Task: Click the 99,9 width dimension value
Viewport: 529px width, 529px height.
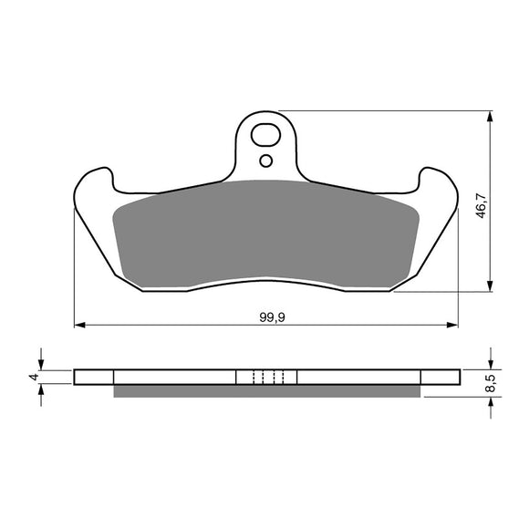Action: coord(266,316)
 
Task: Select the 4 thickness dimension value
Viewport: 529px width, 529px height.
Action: coord(32,377)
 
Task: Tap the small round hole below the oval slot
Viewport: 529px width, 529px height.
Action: coord(265,161)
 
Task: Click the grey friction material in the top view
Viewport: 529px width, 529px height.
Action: coord(264,233)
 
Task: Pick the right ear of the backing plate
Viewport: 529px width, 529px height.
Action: coord(439,196)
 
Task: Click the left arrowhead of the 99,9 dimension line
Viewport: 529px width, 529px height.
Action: coord(79,324)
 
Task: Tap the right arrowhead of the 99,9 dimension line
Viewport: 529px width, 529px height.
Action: coord(452,324)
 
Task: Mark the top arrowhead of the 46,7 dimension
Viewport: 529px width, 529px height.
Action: coord(492,118)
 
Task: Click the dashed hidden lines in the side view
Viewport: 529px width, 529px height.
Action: coord(266,377)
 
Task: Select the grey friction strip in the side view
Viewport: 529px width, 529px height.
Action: coord(266,391)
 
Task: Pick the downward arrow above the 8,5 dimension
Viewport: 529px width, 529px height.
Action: coord(492,361)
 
